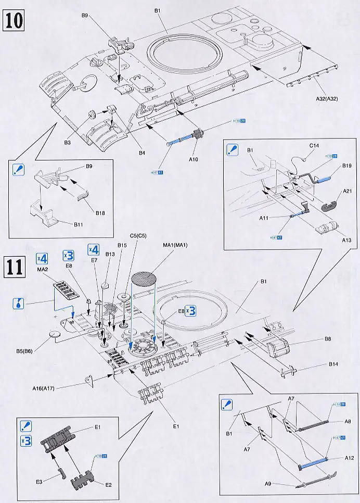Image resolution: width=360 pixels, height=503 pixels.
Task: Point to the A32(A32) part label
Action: pyautogui.click(x=326, y=99)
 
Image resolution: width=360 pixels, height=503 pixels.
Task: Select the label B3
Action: pyautogui.click(x=67, y=141)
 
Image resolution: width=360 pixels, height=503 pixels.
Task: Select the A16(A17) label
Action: pyautogui.click(x=57, y=388)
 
